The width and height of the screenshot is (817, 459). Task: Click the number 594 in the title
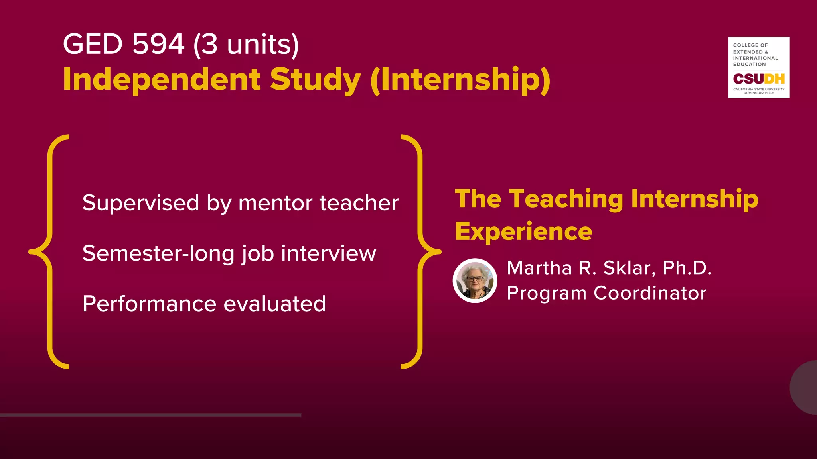pos(158,44)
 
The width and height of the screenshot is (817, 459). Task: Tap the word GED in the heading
pos(93,44)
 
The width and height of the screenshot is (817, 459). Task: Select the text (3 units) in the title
pos(246,45)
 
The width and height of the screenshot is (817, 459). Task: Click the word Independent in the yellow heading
pos(162,79)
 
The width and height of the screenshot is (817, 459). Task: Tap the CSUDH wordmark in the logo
pos(758,79)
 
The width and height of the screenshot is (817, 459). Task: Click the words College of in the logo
pos(750,45)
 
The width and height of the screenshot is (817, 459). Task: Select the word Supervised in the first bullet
pos(140,203)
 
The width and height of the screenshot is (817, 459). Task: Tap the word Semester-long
pos(158,253)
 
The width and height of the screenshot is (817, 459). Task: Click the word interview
pos(328,253)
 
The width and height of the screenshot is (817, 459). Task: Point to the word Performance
pos(149,304)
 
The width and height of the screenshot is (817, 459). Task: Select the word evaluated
pos(274,304)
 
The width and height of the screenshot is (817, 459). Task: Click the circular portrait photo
pos(475,280)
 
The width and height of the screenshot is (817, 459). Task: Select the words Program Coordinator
pos(606,293)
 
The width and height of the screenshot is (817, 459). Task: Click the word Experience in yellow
pos(523,232)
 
